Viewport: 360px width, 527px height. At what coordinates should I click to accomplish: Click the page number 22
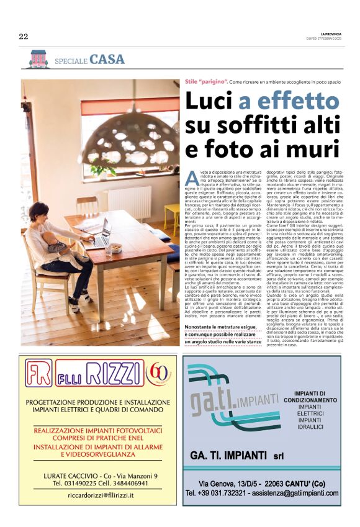click(24, 37)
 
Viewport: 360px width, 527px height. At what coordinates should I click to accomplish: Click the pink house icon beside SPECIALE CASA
click(38, 59)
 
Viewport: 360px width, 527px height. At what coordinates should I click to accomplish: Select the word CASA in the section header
click(107, 60)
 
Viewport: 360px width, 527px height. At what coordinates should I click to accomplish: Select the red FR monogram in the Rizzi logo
click(40, 374)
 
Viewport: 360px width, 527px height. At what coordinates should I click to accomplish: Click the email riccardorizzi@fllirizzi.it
click(100, 495)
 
